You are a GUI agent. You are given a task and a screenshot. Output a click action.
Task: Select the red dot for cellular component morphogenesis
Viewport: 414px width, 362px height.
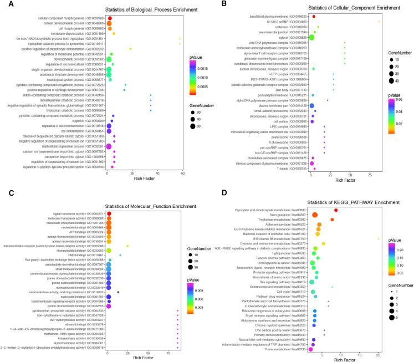tap(109, 18)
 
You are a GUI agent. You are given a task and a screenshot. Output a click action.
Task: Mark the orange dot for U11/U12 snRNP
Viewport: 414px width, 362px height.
tap(379, 22)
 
